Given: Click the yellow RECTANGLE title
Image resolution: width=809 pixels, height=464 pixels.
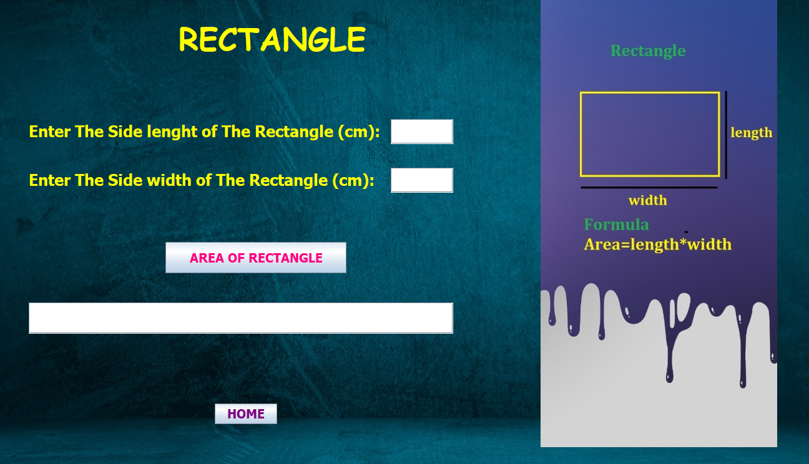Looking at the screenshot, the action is (x=272, y=40).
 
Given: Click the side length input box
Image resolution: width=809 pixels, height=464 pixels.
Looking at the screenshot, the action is (x=422, y=132).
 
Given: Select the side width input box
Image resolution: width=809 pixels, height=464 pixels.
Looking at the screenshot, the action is (x=422, y=180).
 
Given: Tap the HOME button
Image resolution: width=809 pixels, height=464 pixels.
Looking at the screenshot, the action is (x=246, y=413).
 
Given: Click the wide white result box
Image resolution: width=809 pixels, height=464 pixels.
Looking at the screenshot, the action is (x=241, y=318).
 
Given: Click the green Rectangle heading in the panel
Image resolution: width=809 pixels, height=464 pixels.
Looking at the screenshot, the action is (x=648, y=51).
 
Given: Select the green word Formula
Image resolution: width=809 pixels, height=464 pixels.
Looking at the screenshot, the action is (x=617, y=225).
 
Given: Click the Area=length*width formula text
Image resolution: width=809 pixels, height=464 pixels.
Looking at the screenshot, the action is (x=658, y=244).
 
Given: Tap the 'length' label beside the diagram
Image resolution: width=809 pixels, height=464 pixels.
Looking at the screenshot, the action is (x=751, y=133).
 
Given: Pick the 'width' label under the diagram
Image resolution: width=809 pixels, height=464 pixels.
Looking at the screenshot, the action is (x=647, y=200).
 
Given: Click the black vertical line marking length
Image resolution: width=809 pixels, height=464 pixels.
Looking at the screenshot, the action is (x=726, y=135).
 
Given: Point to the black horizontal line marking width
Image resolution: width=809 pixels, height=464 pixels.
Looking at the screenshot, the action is (x=649, y=188).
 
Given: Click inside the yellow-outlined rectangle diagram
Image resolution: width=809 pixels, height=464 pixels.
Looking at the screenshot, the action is (x=650, y=134).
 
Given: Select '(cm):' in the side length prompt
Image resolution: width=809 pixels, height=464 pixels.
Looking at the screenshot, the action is (x=359, y=132).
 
